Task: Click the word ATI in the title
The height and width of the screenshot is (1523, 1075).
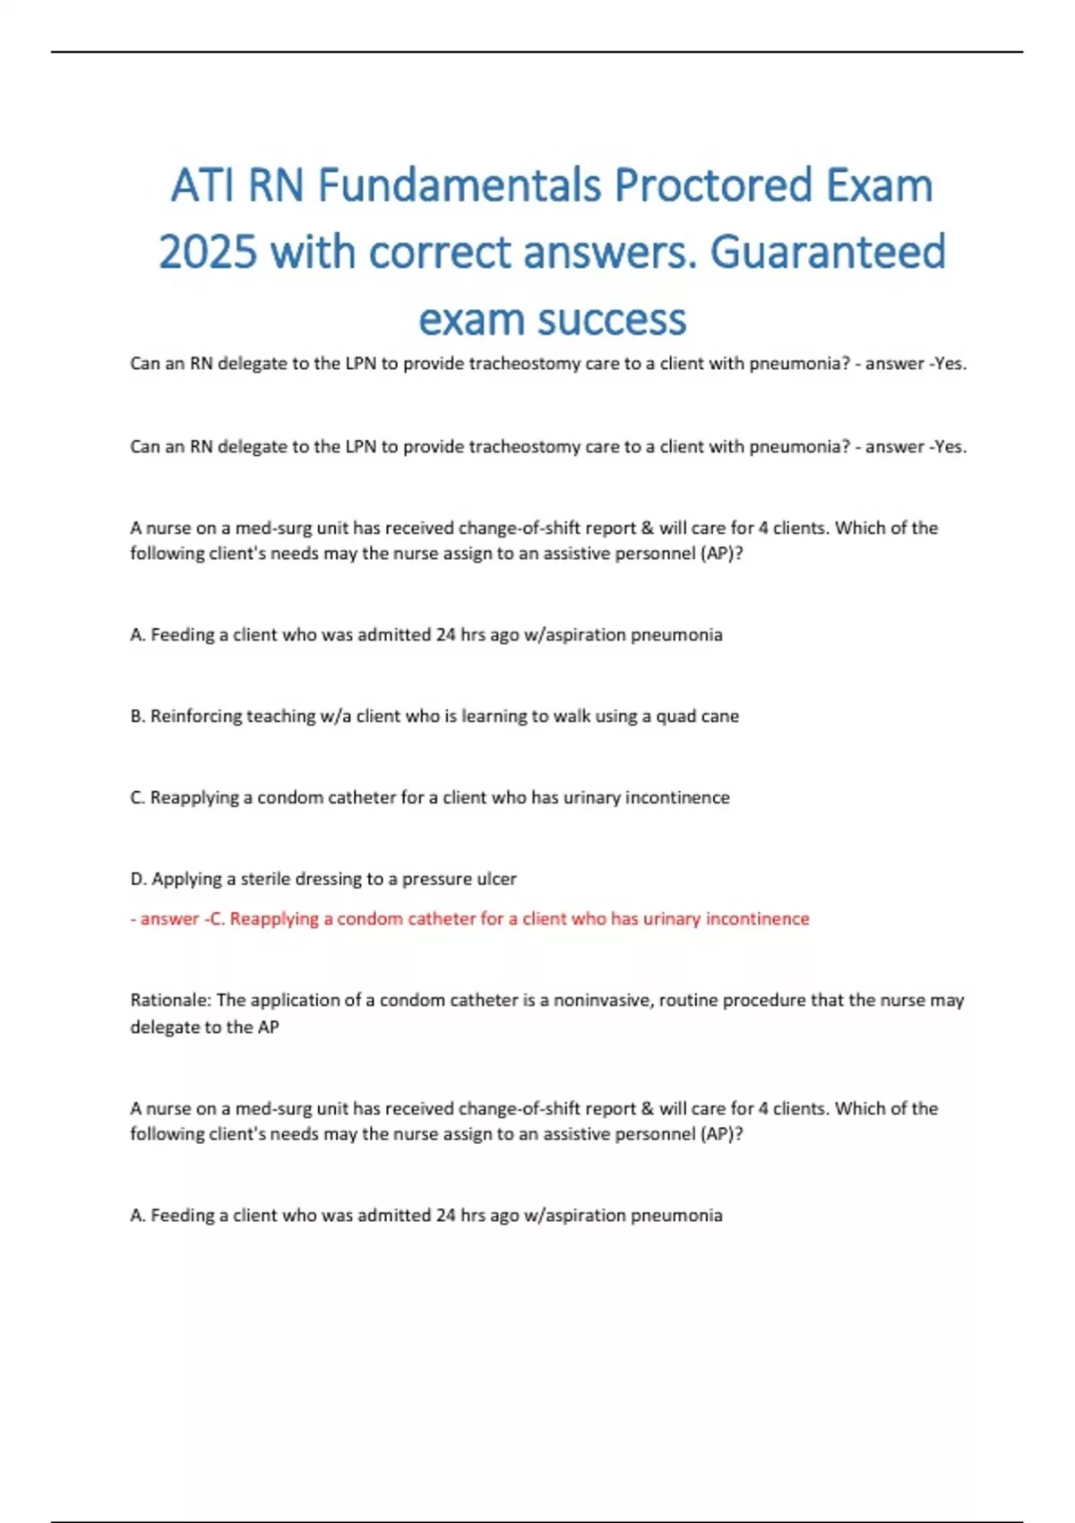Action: click(203, 186)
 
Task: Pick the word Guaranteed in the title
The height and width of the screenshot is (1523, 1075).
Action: click(827, 252)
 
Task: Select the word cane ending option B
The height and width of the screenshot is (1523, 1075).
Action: click(721, 716)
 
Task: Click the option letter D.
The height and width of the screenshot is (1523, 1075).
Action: click(138, 879)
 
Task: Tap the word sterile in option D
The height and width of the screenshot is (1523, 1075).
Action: click(269, 879)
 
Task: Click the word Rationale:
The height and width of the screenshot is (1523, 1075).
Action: click(170, 1000)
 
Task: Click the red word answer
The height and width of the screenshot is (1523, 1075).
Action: click(169, 918)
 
